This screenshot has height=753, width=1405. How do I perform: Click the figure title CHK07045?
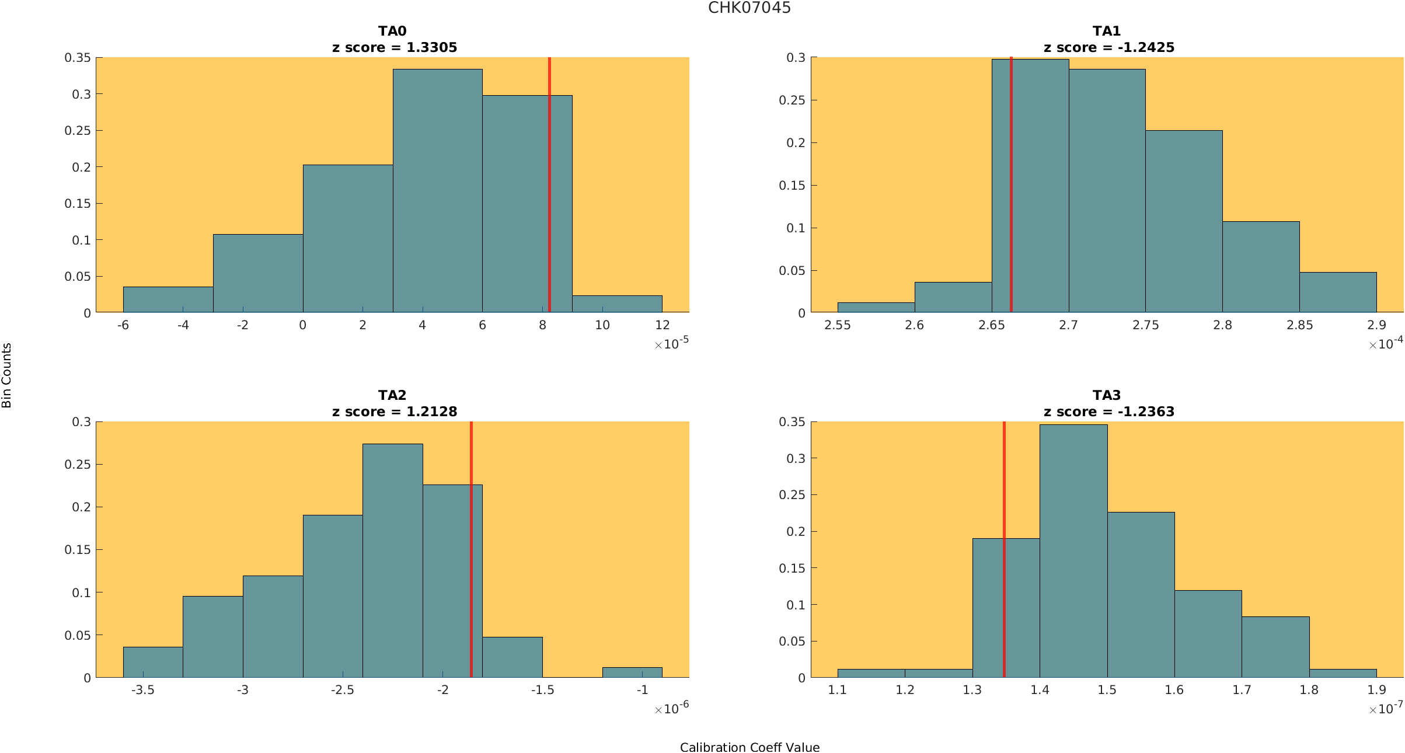pyautogui.click(x=749, y=8)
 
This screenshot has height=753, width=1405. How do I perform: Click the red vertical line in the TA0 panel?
pyautogui.click(x=549, y=185)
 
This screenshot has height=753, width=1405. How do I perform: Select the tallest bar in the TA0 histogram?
pyautogui.click(x=438, y=191)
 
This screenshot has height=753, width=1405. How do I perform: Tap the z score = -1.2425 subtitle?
pyautogui.click(x=1109, y=47)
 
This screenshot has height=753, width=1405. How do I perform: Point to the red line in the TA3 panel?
pyautogui.click(x=1004, y=549)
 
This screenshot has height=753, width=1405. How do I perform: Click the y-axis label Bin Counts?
pyautogui.click(x=7, y=375)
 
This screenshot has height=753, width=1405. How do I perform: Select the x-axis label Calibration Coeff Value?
pyautogui.click(x=749, y=747)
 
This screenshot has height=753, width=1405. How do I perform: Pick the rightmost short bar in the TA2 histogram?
pyautogui.click(x=632, y=672)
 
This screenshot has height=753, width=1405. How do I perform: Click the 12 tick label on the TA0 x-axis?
pyautogui.click(x=662, y=325)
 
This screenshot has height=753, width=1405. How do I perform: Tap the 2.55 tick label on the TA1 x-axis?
pyautogui.click(x=838, y=325)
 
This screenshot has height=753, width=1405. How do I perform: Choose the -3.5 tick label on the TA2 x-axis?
pyautogui.click(x=143, y=690)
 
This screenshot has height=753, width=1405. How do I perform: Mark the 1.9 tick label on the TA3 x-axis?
pyautogui.click(x=1376, y=690)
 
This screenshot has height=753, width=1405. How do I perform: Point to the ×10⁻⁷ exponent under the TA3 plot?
pyautogui.click(x=1386, y=707)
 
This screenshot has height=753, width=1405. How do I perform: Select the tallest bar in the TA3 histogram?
pyautogui.click(x=1073, y=551)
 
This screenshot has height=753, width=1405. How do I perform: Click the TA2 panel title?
pyautogui.click(x=392, y=395)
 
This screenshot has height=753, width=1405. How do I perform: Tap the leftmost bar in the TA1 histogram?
pyautogui.click(x=876, y=308)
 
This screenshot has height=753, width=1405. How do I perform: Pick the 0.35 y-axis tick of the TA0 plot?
pyautogui.click(x=78, y=58)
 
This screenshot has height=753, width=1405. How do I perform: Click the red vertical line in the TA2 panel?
pyautogui.click(x=471, y=549)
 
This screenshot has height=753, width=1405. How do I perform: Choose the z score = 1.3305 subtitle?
pyautogui.click(x=395, y=47)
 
